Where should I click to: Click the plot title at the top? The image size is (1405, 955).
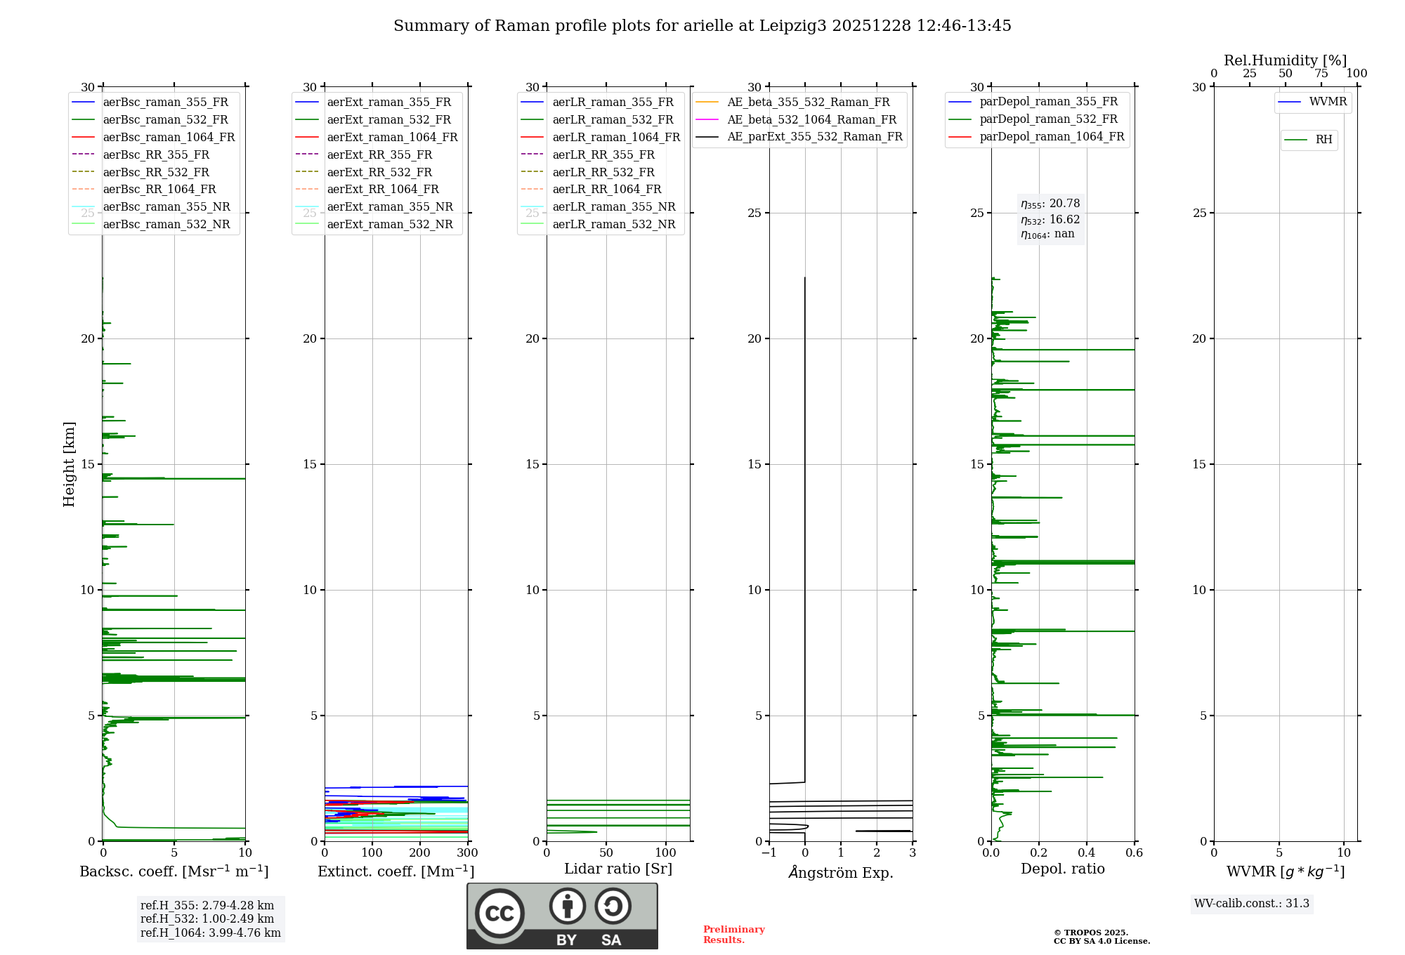(702, 26)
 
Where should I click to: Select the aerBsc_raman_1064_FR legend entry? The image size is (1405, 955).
(169, 137)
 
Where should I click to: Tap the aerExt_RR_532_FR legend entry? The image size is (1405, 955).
(379, 172)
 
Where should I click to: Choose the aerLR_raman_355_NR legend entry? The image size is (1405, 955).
(613, 206)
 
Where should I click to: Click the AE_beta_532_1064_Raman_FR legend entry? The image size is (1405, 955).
(811, 119)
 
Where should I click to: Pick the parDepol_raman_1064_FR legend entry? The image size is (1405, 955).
(1052, 136)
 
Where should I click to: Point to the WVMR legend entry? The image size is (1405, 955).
(1328, 102)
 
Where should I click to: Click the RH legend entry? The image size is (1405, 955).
(1324, 140)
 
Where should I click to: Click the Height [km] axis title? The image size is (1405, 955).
(69, 464)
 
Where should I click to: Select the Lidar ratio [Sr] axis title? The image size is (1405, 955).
(618, 869)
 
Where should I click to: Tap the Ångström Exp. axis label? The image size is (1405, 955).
(841, 872)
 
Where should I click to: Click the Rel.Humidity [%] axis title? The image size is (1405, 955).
(1285, 60)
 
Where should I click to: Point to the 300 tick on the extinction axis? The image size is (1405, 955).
(467, 853)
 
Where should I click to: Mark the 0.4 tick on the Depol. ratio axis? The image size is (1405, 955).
(1087, 853)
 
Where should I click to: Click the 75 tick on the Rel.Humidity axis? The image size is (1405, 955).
(1321, 74)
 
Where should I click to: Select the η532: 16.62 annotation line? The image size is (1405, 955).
(1050, 219)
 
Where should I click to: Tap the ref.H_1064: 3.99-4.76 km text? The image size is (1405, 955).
(210, 933)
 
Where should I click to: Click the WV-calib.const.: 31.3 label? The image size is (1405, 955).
(1251, 903)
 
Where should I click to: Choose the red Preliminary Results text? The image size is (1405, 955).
(734, 934)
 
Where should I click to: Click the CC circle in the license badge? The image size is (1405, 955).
(499, 913)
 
